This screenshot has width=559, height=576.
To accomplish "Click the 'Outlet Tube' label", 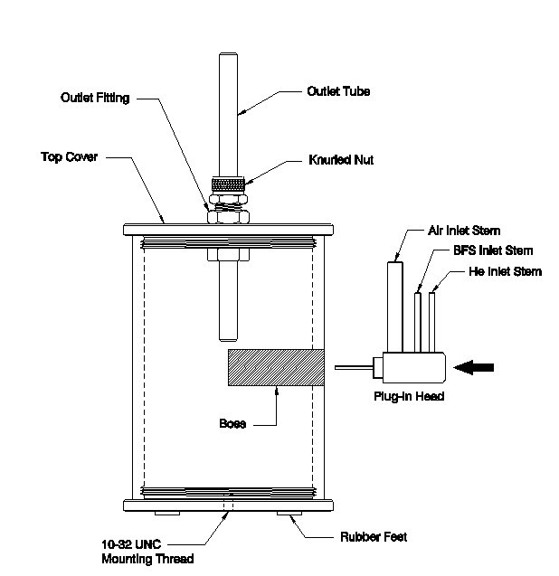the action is tap(338, 91).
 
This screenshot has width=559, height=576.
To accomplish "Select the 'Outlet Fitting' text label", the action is tap(95, 98).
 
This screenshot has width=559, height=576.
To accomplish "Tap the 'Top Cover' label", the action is tap(70, 156).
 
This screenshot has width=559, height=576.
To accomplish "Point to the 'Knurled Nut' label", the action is tap(341, 160).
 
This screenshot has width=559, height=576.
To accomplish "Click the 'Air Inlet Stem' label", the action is tap(464, 231).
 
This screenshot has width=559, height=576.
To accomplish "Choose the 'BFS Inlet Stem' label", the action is tap(493, 250).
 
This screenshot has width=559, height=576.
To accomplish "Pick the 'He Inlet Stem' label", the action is tap(505, 271).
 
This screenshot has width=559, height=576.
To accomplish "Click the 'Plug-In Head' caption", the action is tap(409, 396).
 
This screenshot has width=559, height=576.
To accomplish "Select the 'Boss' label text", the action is tap(232, 423).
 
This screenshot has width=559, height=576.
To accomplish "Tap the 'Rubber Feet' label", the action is tap(374, 537).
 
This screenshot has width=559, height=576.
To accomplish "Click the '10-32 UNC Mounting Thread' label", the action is tap(147, 552).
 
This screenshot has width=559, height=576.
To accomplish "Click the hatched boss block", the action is tap(276, 367).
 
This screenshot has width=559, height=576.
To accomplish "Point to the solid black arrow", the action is tap(474, 367).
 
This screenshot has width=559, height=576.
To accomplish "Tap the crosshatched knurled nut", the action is tap(228, 184).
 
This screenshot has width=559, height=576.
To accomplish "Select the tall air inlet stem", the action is tap(395, 307).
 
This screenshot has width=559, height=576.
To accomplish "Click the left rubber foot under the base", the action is tap(167, 514).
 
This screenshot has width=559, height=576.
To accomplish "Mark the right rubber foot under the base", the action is tap(289, 514).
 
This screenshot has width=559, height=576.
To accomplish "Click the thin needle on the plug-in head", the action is tap(354, 367).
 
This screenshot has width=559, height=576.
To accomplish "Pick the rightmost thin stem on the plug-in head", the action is tap(432, 322).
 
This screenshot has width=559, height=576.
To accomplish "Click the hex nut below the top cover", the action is tap(228, 255).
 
